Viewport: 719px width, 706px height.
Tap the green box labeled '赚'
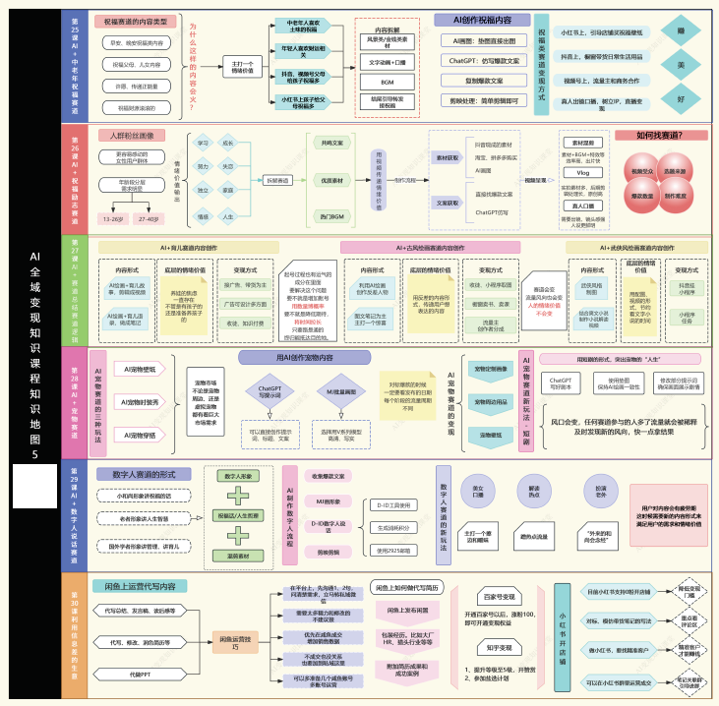[681, 31]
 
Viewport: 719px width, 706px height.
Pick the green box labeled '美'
[681, 65]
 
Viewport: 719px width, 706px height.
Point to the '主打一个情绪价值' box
[242, 67]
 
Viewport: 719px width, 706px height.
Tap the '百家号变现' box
[500, 596]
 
